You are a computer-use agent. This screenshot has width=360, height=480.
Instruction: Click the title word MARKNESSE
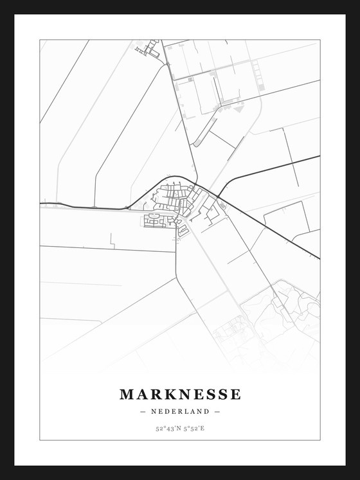[180, 394]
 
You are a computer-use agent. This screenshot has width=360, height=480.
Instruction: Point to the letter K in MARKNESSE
[161, 394]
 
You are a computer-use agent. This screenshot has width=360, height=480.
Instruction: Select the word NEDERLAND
[180, 411]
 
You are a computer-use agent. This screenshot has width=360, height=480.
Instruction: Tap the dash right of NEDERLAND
[217, 411]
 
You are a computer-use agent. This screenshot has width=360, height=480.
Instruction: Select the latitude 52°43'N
[167, 428]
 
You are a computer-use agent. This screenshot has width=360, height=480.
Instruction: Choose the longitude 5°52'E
[193, 428]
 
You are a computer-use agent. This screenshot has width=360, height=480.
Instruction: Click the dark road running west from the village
[84, 206]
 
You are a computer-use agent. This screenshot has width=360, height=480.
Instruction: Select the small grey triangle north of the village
[239, 109]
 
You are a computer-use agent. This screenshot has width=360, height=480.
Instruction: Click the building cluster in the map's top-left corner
[150, 48]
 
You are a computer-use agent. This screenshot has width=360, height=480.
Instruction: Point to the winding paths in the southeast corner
[289, 308]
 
